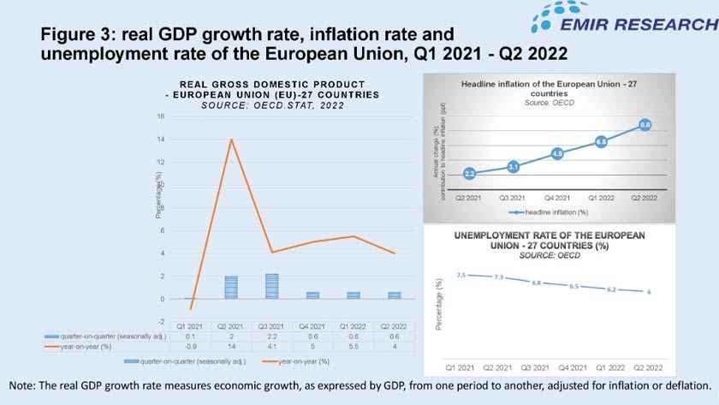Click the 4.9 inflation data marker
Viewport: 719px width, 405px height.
tap(557, 154)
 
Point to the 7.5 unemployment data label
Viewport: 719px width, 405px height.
tap(461, 275)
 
